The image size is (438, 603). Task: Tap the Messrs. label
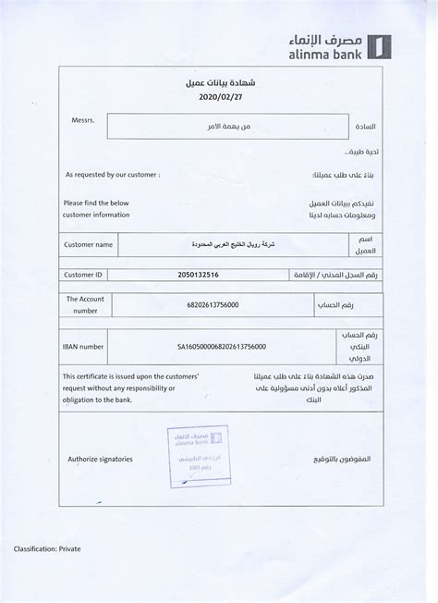[82, 120]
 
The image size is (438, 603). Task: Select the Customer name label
[89, 244]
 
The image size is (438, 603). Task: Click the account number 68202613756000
[213, 305]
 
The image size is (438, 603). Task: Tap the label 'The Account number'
[85, 305]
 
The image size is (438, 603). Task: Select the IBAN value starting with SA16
[222, 346]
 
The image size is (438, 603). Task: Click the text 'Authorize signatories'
[100, 459]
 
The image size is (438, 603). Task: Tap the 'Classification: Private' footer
[47, 549]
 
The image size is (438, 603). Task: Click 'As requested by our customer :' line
[112, 174]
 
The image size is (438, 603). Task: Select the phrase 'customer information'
[95, 214]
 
